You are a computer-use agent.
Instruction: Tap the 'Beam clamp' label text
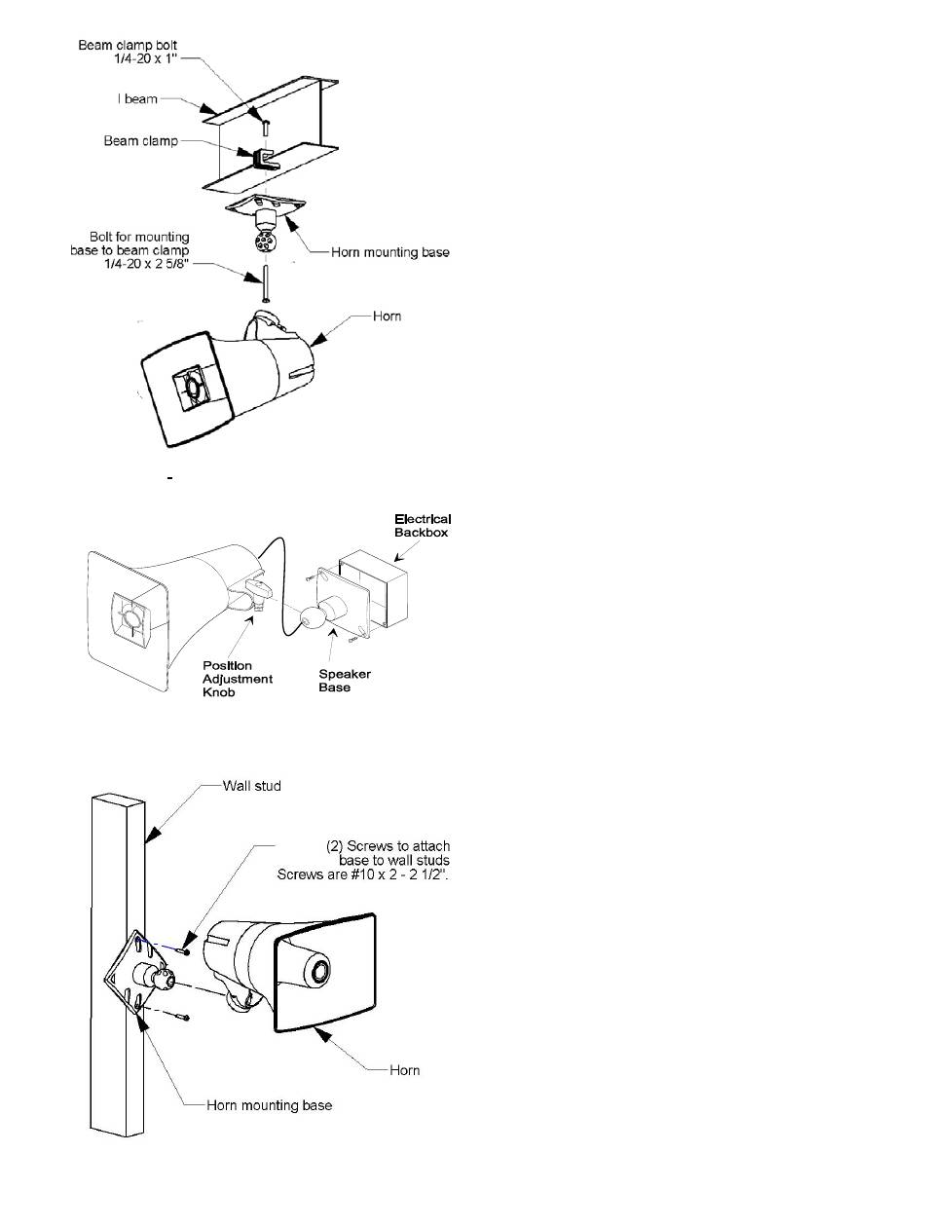pyautogui.click(x=141, y=141)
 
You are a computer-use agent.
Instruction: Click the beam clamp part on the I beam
pyautogui.click(x=262, y=159)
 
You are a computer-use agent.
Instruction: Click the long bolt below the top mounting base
pyautogui.click(x=264, y=284)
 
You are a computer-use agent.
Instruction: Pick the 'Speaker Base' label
pyautogui.click(x=345, y=681)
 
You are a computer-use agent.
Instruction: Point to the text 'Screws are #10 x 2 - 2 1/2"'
pyautogui.click(x=364, y=874)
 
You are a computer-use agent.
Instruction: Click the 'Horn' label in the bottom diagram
pyautogui.click(x=404, y=1070)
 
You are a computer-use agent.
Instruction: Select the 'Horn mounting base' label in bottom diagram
pyautogui.click(x=269, y=1105)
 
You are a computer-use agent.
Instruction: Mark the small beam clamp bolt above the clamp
pyautogui.click(x=263, y=125)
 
